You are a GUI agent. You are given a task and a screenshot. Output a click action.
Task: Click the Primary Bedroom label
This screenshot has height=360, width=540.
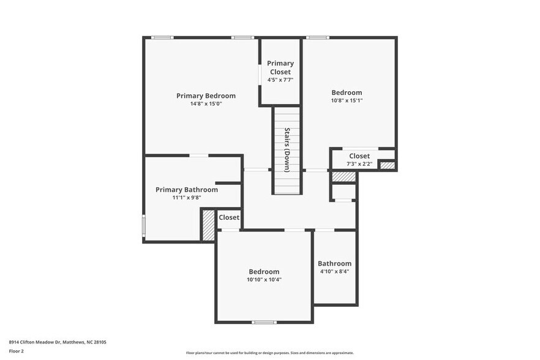(206, 96)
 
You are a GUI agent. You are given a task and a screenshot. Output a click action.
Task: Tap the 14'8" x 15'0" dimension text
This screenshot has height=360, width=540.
(206, 104)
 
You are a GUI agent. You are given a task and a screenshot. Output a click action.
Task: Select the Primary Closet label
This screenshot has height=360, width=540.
(280, 67)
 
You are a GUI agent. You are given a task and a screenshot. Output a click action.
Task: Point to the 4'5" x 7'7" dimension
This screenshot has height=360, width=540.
(280, 80)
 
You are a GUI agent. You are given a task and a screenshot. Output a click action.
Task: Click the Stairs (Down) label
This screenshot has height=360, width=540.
(287, 149)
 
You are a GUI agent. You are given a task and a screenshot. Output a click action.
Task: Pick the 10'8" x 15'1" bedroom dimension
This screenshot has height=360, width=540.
(347, 100)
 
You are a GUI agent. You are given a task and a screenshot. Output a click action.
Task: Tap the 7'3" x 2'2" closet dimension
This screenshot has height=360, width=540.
(359, 165)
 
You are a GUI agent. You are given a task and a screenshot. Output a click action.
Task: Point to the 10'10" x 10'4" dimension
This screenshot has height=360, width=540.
(264, 280)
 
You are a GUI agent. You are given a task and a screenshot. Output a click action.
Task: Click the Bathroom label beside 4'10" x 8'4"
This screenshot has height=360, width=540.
(334, 263)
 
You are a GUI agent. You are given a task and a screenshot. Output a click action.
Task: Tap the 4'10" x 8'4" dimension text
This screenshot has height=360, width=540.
(334, 271)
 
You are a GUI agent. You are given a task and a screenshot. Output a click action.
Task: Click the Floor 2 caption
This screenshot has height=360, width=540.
(16, 351)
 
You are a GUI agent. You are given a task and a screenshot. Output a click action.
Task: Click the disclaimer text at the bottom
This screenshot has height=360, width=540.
(270, 353)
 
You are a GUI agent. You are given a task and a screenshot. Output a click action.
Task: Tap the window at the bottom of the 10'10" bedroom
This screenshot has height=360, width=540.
(264, 322)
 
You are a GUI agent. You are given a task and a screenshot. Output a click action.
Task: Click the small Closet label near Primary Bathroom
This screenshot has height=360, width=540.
(229, 217)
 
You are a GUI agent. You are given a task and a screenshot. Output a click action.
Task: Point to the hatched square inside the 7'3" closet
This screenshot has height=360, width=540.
(387, 165)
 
